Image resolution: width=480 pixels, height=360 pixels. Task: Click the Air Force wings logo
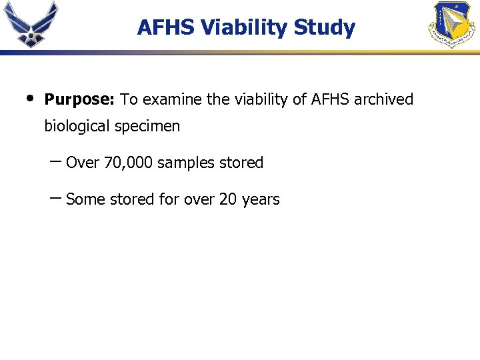(31, 24)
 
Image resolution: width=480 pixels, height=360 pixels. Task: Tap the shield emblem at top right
(451, 25)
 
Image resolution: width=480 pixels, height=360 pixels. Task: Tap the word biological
(77, 127)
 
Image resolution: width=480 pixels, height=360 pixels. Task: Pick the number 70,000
(129, 163)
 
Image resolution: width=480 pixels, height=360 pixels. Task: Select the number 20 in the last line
(227, 199)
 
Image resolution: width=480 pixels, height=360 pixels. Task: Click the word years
(261, 200)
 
